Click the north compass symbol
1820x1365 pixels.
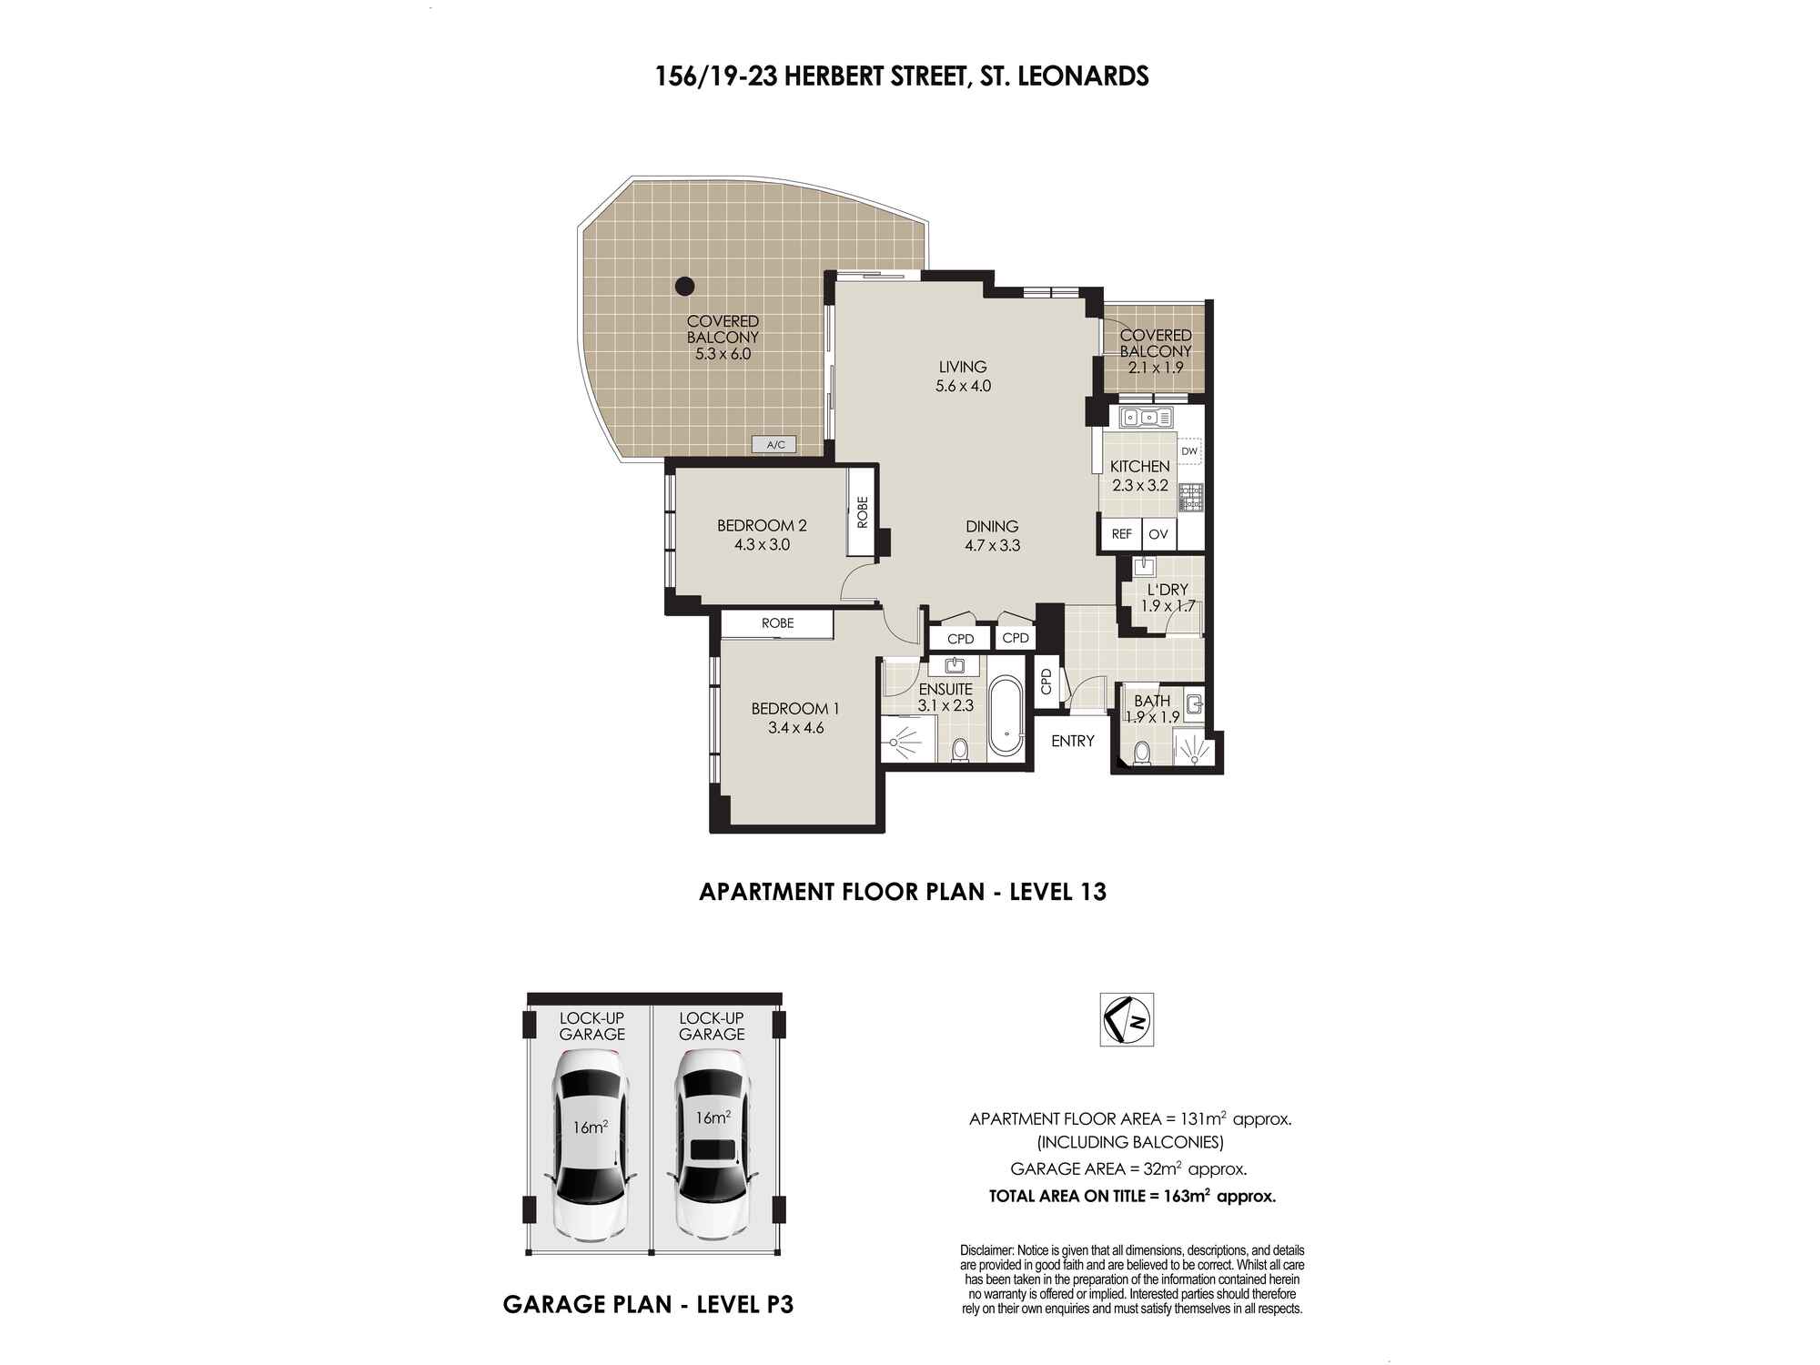[x=1127, y=1019]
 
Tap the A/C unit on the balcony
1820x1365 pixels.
[x=775, y=445]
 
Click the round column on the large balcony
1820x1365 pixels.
[x=684, y=286]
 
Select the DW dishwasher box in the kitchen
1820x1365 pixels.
[x=1189, y=451]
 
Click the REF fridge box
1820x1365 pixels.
[x=1121, y=534]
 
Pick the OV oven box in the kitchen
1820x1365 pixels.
[x=1158, y=534]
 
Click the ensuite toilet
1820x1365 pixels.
[x=959, y=750]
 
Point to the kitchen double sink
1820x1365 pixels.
[x=1148, y=418]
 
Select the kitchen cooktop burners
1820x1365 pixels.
[x=1190, y=497]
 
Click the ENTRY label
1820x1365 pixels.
[x=1073, y=741]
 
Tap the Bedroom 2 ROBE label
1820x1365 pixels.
[x=863, y=512]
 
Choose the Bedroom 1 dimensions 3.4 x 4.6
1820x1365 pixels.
[x=795, y=728]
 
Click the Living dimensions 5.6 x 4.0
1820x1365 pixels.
[x=963, y=386]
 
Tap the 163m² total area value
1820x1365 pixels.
[x=1187, y=1196]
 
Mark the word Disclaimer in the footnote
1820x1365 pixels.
[x=987, y=1250]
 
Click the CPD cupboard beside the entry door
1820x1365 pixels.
[x=1046, y=681]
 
